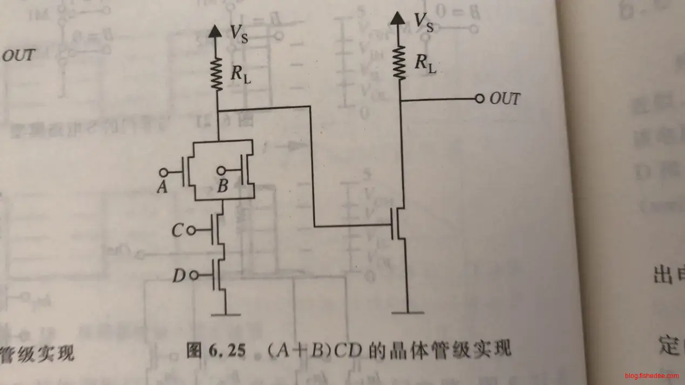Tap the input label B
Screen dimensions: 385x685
[x=222, y=187]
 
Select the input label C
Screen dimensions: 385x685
[x=177, y=231]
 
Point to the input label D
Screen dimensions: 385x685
[x=179, y=276]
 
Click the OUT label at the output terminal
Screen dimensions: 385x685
[x=505, y=99]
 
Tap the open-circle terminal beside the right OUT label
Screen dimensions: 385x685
[x=478, y=99]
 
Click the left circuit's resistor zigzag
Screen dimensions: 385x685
[x=217, y=75]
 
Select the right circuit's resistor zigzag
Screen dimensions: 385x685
[x=399, y=62]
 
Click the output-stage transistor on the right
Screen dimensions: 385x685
[x=398, y=224]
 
